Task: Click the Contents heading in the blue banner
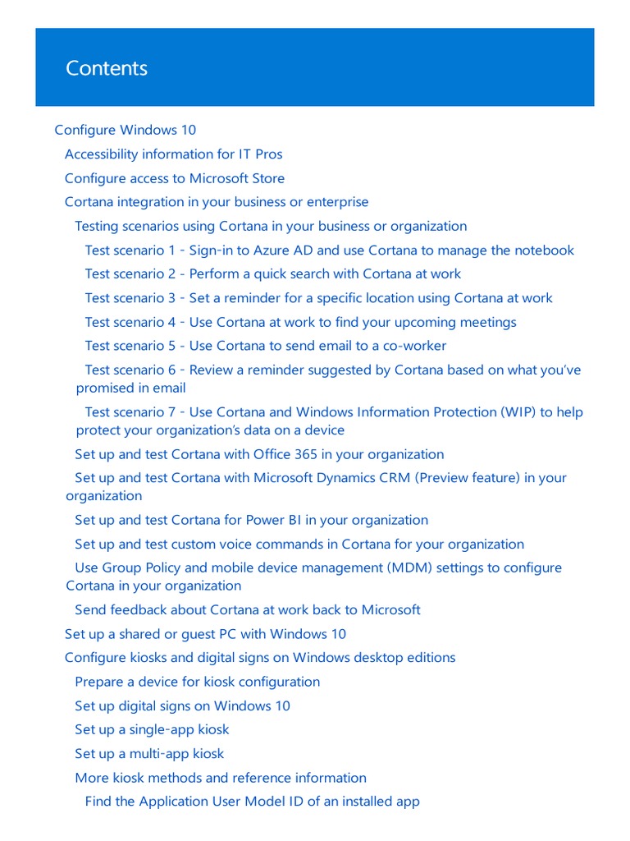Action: click(x=107, y=68)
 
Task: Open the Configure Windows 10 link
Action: click(x=125, y=130)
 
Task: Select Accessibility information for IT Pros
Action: click(x=173, y=154)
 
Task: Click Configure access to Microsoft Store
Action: click(x=175, y=178)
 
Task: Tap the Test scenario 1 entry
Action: click(x=329, y=250)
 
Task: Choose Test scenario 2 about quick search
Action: click(x=272, y=274)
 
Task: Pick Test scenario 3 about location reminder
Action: click(x=318, y=298)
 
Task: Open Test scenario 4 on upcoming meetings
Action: click(x=300, y=322)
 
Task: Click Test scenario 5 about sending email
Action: click(x=265, y=346)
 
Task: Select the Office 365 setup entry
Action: click(x=259, y=454)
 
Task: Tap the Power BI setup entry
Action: click(x=251, y=520)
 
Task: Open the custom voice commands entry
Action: click(x=299, y=544)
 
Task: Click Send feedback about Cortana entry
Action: click(x=247, y=609)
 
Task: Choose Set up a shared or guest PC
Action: click(x=205, y=634)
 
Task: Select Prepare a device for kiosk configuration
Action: click(x=197, y=682)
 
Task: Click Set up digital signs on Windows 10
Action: click(x=182, y=705)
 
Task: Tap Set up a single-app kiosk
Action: click(x=152, y=729)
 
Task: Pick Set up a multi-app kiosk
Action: click(x=149, y=753)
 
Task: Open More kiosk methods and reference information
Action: click(x=220, y=778)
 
